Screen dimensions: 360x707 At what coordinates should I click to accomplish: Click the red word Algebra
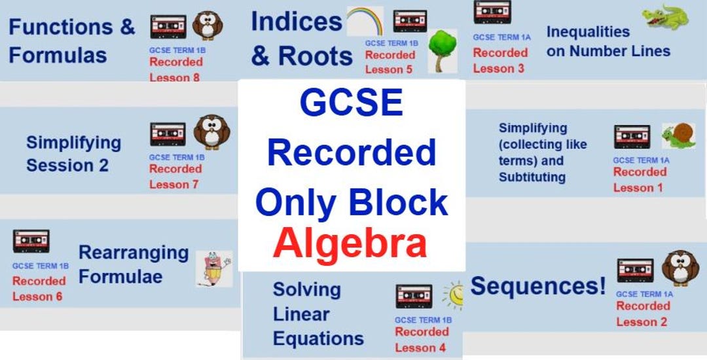pyautogui.click(x=350, y=243)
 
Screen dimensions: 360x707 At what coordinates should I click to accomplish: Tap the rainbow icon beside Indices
pyautogui.click(x=365, y=22)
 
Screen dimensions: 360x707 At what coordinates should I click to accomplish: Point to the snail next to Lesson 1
pyautogui.click(x=674, y=135)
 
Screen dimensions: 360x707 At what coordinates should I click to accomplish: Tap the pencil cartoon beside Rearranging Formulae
pyautogui.click(x=214, y=268)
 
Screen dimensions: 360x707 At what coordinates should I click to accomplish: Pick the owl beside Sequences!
pyautogui.click(x=680, y=268)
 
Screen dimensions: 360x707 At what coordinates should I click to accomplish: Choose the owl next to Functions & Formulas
pyautogui.click(x=208, y=26)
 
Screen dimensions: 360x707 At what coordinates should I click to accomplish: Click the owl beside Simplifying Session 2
pyautogui.click(x=211, y=132)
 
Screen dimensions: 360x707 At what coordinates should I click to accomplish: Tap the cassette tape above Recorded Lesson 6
pyautogui.click(x=31, y=241)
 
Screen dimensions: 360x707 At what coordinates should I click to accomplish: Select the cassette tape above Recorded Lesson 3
pyautogui.click(x=492, y=12)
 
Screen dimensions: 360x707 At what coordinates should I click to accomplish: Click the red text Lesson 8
pyautogui.click(x=175, y=77)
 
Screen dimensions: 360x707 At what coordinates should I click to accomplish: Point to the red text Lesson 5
pyautogui.click(x=389, y=70)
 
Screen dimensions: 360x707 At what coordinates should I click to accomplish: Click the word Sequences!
pyautogui.click(x=538, y=286)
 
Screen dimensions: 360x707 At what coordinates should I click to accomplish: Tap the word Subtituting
pyautogui.click(x=532, y=177)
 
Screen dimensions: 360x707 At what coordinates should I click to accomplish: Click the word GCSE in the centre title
pyautogui.click(x=350, y=103)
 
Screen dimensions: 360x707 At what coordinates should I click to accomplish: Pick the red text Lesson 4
pyautogui.click(x=420, y=348)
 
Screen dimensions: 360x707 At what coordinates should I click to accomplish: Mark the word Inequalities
pyautogui.click(x=588, y=31)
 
